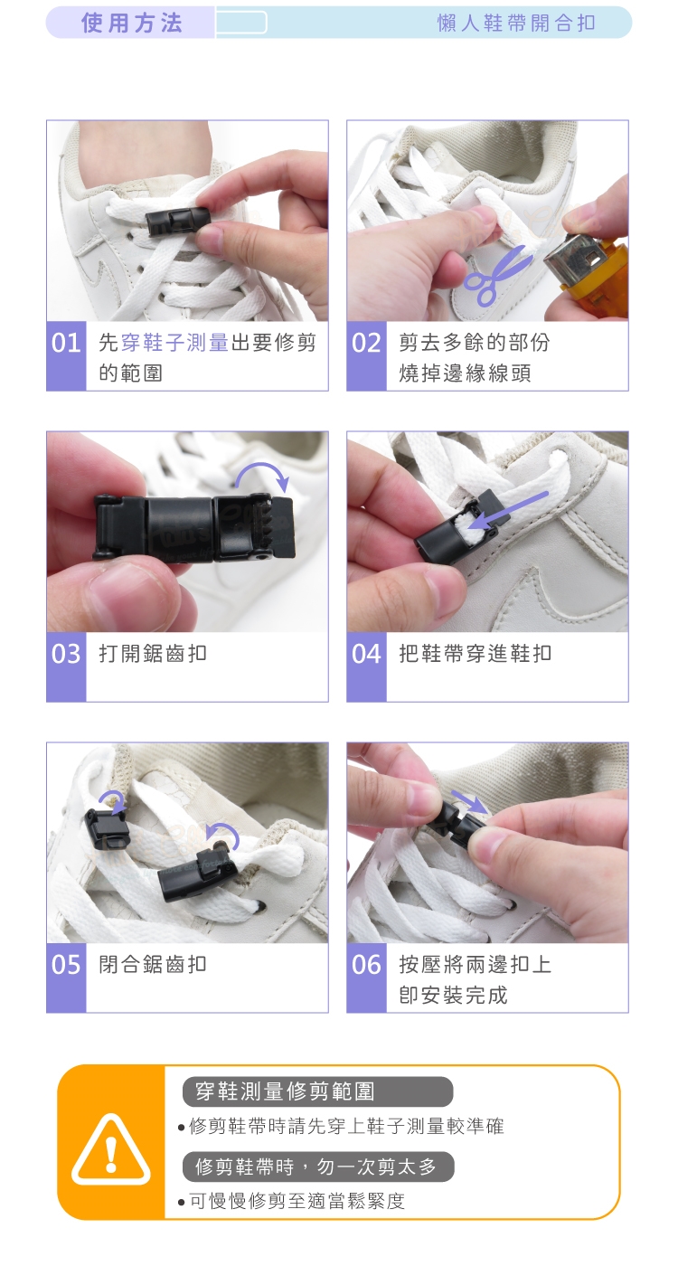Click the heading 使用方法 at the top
132,24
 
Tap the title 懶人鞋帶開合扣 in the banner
516,24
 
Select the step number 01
66,343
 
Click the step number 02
367,343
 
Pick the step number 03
66,654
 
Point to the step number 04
367,654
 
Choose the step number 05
66,965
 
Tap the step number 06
367,965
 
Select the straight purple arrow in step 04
508,512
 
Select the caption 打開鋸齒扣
153,654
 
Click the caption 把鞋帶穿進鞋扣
476,654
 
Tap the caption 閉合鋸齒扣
153,965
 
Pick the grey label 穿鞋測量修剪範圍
317,1091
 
